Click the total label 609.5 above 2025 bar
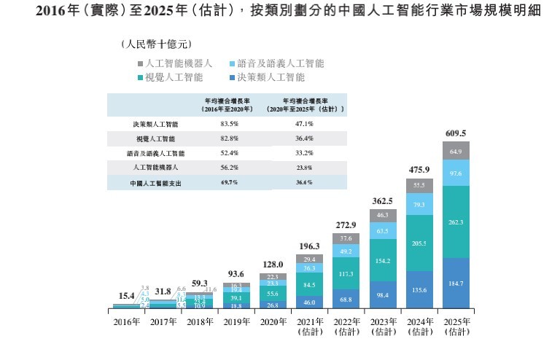click(455, 133)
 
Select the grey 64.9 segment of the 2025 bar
click(455, 151)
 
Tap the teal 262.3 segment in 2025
click(455, 222)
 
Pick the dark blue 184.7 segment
click(455, 282)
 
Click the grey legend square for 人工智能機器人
click(139, 63)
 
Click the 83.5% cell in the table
click(230, 124)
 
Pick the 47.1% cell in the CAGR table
click(305, 124)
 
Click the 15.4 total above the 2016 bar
click(127, 295)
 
